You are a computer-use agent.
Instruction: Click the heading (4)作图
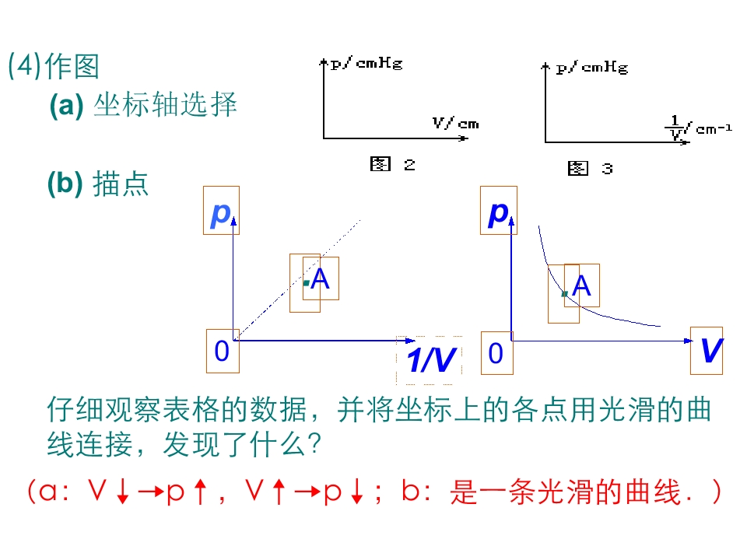[54, 66]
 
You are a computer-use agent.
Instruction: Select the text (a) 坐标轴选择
[142, 105]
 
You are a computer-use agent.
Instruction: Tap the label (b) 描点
[97, 184]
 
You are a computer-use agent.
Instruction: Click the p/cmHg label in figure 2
[366, 64]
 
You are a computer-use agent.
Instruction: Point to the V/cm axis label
[455, 123]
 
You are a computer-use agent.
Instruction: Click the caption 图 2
[392, 164]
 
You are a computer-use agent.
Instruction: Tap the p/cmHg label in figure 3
[591, 68]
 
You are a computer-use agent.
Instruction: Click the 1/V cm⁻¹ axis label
[699, 128]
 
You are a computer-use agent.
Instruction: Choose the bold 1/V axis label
[430, 360]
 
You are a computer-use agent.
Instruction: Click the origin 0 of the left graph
[222, 352]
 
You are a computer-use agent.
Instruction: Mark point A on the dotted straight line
[307, 282]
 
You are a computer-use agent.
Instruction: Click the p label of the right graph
[498, 211]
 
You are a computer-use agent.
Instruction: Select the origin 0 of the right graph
[496, 354]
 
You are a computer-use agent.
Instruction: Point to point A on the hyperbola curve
[564, 294]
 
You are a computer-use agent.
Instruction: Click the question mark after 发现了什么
[315, 445]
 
